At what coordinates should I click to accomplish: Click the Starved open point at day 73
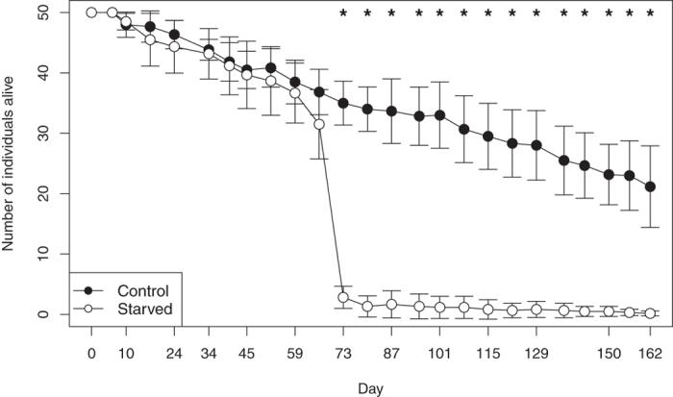343,298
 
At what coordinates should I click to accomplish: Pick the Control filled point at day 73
343,103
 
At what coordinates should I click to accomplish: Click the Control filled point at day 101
439,115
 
